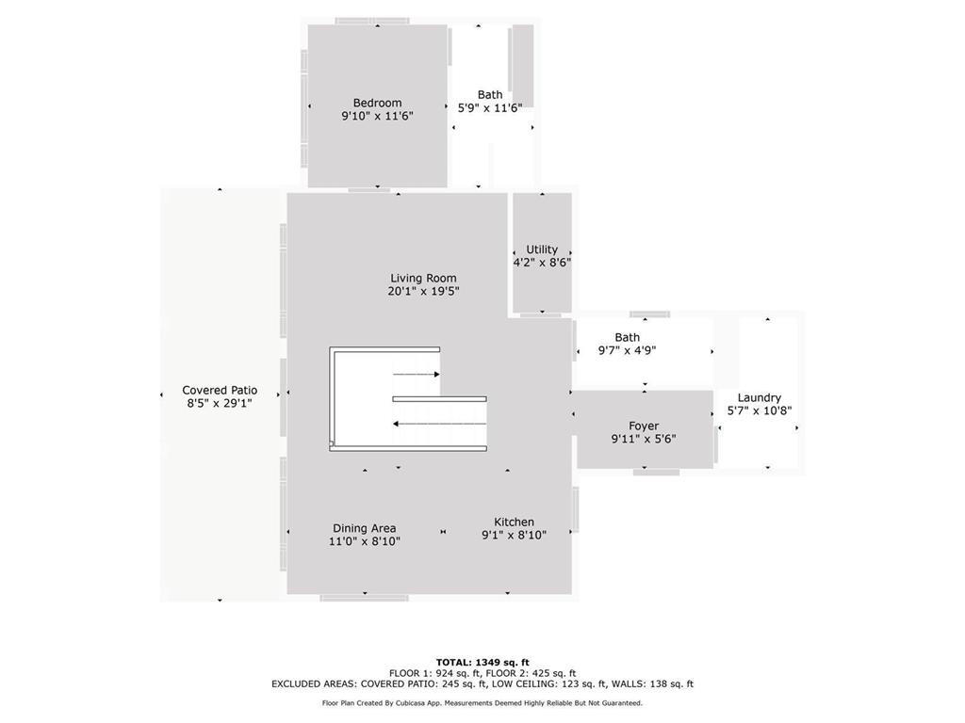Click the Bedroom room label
point(377,103)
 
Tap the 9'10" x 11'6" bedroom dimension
point(377,116)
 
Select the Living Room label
point(423,278)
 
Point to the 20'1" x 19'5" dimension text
point(423,291)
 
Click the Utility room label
point(542,249)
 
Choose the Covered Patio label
point(220,390)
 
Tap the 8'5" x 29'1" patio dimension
point(220,403)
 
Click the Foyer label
point(644,426)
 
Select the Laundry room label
point(759,398)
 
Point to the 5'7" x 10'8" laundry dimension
point(759,410)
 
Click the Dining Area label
point(364,528)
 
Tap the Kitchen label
point(514,522)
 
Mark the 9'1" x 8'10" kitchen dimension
point(514,535)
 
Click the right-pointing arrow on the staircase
point(417,375)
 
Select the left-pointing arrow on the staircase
point(439,424)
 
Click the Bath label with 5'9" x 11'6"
point(490,94)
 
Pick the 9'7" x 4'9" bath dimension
point(627,350)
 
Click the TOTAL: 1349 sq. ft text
point(482,662)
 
